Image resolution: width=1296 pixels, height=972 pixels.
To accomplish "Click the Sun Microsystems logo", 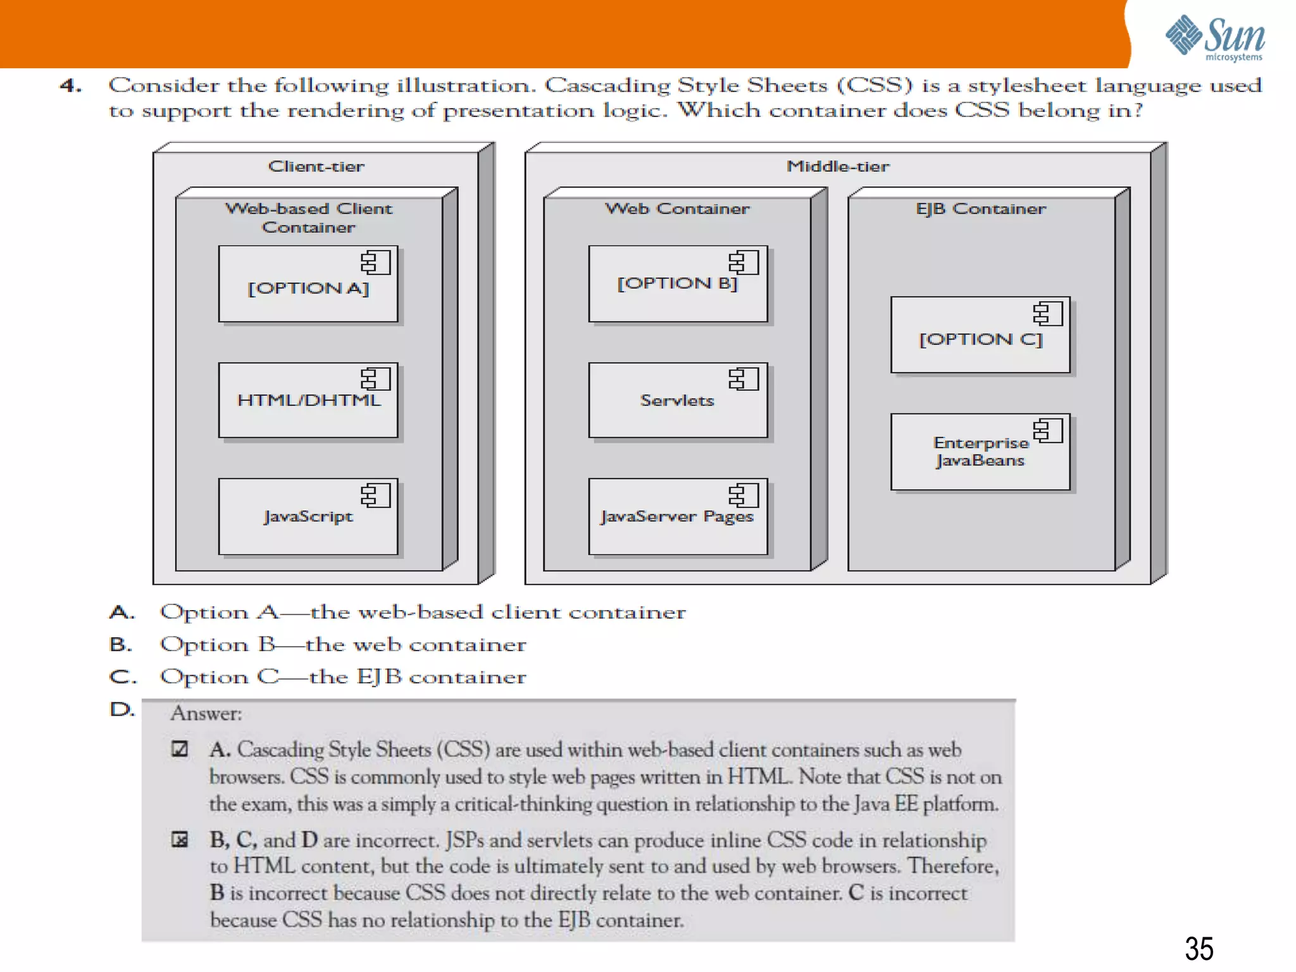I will point(1214,38).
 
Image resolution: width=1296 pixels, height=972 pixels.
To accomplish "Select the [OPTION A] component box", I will point(308,284).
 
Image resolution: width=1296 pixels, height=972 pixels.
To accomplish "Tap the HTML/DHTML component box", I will point(308,400).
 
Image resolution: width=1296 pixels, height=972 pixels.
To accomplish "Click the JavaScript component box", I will point(308,516).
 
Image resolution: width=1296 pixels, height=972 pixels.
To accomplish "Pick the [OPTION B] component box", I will point(678,284).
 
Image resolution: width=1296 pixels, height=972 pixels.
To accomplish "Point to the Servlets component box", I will point(678,400).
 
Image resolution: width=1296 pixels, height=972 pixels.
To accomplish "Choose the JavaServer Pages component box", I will point(678,516).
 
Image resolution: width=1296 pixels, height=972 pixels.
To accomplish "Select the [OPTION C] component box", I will point(980,335).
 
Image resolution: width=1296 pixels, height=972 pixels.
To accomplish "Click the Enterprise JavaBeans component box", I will point(980,452).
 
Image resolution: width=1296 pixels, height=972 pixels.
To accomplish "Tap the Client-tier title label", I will point(316,166).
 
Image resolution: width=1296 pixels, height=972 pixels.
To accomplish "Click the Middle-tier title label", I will point(838,166).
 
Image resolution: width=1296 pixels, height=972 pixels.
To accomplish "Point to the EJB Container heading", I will point(980,209).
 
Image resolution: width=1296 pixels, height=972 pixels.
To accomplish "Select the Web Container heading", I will point(677,209).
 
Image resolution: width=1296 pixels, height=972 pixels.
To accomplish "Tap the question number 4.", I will point(70,85).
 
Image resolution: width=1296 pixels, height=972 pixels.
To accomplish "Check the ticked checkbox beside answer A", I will point(180,749).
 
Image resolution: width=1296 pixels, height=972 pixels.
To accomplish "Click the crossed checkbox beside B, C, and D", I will point(180,840).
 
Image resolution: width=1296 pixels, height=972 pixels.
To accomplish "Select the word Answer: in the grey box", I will point(206,714).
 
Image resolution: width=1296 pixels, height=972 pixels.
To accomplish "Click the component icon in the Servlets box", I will point(743,379).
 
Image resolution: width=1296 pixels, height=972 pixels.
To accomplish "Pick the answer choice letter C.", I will point(122,677).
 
